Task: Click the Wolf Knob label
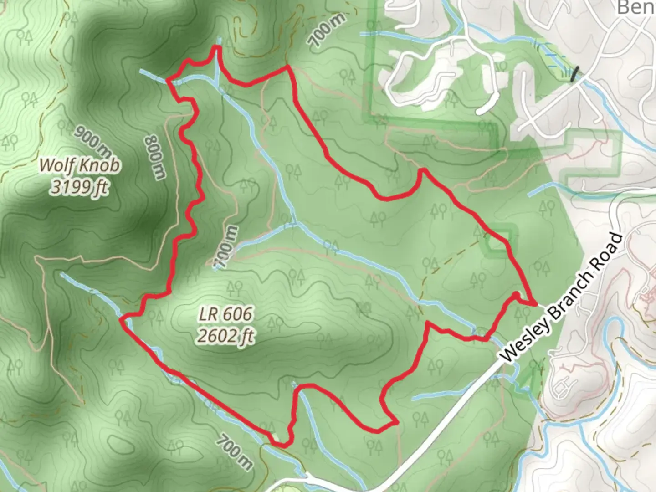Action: click(80, 164)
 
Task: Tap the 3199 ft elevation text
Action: click(80, 186)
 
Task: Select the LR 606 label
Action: click(225, 314)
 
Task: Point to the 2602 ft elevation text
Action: click(225, 336)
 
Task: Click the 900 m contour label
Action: click(92, 141)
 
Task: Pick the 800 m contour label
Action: click(155, 157)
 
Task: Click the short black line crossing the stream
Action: click(576, 74)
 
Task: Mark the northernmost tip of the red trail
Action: click(217, 46)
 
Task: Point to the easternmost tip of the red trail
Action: click(536, 303)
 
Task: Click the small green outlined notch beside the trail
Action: click(498, 244)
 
